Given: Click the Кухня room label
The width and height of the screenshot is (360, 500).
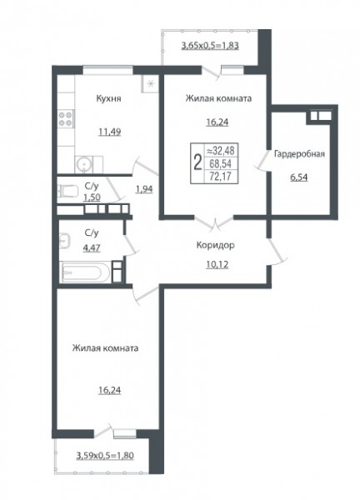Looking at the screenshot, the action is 108,98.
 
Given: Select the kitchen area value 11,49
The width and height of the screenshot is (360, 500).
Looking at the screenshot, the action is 110,132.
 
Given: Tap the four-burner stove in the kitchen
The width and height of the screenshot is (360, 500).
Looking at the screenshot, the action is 66,118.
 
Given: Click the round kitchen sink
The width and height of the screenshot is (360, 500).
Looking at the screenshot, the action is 84,164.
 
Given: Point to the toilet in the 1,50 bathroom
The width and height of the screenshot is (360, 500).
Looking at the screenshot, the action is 67,192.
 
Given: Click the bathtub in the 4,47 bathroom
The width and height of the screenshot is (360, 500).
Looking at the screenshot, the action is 86,272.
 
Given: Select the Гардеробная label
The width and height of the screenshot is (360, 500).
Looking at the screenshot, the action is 299,154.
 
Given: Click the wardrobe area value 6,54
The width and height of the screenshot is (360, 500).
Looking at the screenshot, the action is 299,177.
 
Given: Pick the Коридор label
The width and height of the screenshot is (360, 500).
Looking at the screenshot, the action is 215,245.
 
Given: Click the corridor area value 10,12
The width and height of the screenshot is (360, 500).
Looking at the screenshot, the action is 217,264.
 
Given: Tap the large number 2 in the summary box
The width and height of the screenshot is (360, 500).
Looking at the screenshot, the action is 197,162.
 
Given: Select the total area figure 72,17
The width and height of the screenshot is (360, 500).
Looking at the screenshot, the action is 220,176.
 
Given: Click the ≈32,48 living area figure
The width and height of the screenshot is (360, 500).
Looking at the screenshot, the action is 221,150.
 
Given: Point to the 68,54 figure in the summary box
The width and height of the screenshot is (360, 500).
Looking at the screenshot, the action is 220,163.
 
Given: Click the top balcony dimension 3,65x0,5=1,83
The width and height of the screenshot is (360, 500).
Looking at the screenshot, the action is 210,46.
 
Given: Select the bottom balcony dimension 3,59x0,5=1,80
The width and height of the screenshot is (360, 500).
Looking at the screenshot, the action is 105,456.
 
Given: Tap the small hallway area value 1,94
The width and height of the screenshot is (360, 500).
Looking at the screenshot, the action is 144,189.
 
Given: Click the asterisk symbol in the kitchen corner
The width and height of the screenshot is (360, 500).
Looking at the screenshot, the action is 152,84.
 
